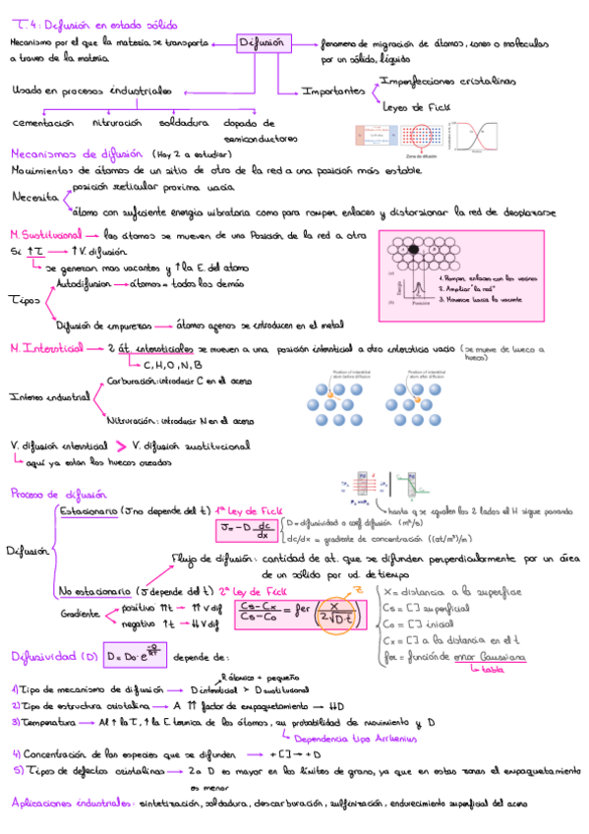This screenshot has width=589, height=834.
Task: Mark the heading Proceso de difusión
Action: (59, 495)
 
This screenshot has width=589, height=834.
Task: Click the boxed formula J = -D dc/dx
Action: (246, 532)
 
